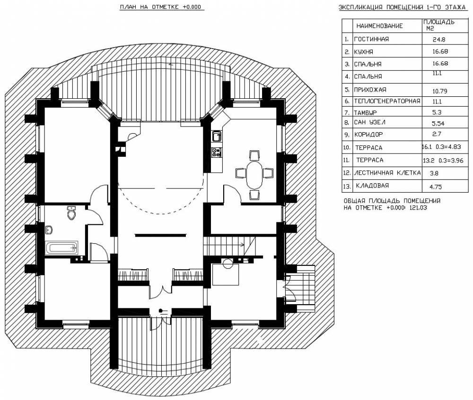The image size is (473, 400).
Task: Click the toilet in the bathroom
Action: tap(71, 213)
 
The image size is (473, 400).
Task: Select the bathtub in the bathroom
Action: tap(61, 248)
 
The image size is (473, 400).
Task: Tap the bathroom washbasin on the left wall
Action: tap(50, 230)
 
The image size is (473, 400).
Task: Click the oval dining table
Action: tap(255, 174)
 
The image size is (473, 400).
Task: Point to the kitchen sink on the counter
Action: tap(216, 136)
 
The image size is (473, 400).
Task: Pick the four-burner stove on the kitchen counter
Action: tap(216, 152)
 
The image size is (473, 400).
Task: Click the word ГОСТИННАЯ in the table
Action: tap(371, 39)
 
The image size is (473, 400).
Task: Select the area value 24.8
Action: tap(438, 39)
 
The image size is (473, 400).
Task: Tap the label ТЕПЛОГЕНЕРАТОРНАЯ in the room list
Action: tap(387, 101)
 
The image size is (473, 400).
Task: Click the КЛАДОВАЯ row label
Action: tap(372, 186)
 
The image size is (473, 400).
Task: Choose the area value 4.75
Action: tap(436, 187)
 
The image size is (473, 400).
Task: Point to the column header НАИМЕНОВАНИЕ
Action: tap(379, 26)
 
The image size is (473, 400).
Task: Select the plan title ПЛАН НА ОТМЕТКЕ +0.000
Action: tap(160, 7)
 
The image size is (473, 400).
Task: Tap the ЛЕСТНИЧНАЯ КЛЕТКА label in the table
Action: tap(387, 173)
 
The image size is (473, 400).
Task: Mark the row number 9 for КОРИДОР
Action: tap(347, 135)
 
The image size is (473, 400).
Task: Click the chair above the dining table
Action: tap(254, 155)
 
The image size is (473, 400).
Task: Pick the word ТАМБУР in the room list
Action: tap(365, 113)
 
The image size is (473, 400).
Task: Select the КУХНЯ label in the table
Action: tap(363, 52)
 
